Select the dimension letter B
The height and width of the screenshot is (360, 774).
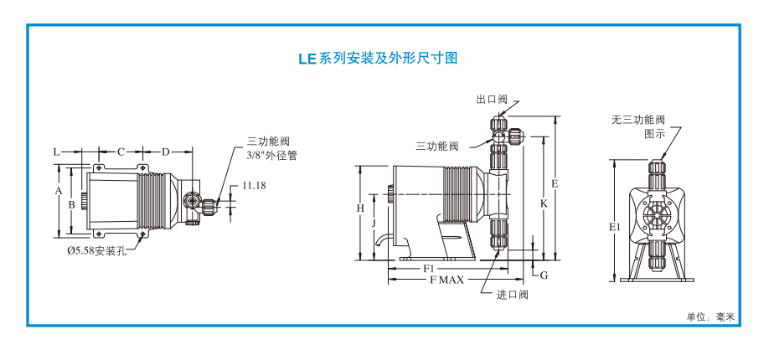(72, 204)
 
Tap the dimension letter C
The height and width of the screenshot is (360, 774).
(121, 152)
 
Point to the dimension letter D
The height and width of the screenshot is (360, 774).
(165, 152)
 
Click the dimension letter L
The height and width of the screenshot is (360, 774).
(56, 152)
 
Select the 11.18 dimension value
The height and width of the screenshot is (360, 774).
(254, 185)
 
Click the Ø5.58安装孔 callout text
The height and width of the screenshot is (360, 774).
(96, 250)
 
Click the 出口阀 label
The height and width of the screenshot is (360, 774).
(492, 100)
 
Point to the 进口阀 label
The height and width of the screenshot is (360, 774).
(512, 294)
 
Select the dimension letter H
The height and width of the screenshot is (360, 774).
(359, 207)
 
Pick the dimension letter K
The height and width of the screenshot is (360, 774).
(544, 203)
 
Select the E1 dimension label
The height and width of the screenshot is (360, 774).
(614, 227)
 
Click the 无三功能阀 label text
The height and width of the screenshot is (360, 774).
(637, 121)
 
